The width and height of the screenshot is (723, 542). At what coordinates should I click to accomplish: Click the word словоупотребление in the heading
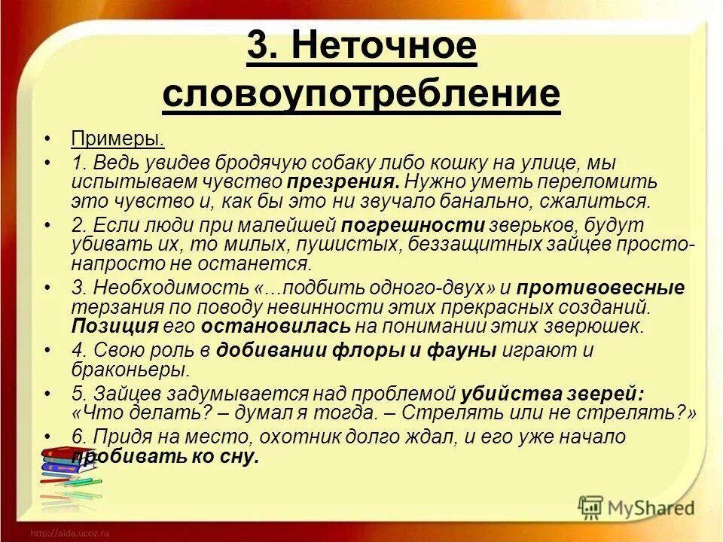pyautogui.click(x=361, y=93)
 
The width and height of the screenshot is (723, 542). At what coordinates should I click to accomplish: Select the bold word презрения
pyautogui.click(x=343, y=181)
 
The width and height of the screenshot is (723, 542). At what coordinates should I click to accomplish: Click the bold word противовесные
pyautogui.click(x=599, y=288)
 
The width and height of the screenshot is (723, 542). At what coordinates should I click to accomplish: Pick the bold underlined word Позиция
pyautogui.click(x=115, y=326)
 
